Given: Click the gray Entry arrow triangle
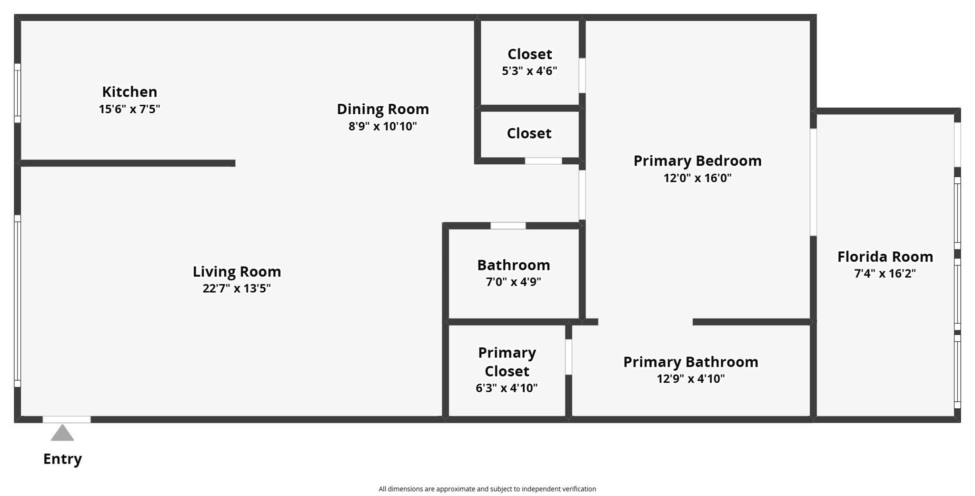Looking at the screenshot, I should (x=62, y=434).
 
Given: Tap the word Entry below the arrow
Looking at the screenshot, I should (x=62, y=459).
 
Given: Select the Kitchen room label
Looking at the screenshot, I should (x=129, y=91).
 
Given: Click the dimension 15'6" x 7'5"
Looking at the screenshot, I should (x=129, y=109).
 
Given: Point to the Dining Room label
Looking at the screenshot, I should (x=383, y=109).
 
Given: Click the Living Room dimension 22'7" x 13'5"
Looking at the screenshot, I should (x=237, y=288).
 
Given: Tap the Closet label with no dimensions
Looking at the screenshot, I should (x=529, y=133).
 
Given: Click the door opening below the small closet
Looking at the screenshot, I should (x=543, y=161).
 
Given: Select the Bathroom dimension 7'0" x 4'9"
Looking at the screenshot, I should (x=513, y=282).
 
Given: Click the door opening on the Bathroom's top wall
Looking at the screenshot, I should (x=508, y=226).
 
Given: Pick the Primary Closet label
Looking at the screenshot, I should (x=507, y=362).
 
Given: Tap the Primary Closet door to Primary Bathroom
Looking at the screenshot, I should (x=568, y=357).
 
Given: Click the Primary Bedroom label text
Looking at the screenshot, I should (x=697, y=161).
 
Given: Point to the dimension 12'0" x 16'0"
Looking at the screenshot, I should (x=697, y=178).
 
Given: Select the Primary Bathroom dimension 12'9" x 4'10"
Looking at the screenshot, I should (x=691, y=379).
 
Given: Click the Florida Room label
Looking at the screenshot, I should (x=885, y=257).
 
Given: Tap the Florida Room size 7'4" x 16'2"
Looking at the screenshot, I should (x=885, y=274).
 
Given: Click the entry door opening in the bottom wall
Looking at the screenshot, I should (x=67, y=419).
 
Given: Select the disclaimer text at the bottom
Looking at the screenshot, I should (x=487, y=489).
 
